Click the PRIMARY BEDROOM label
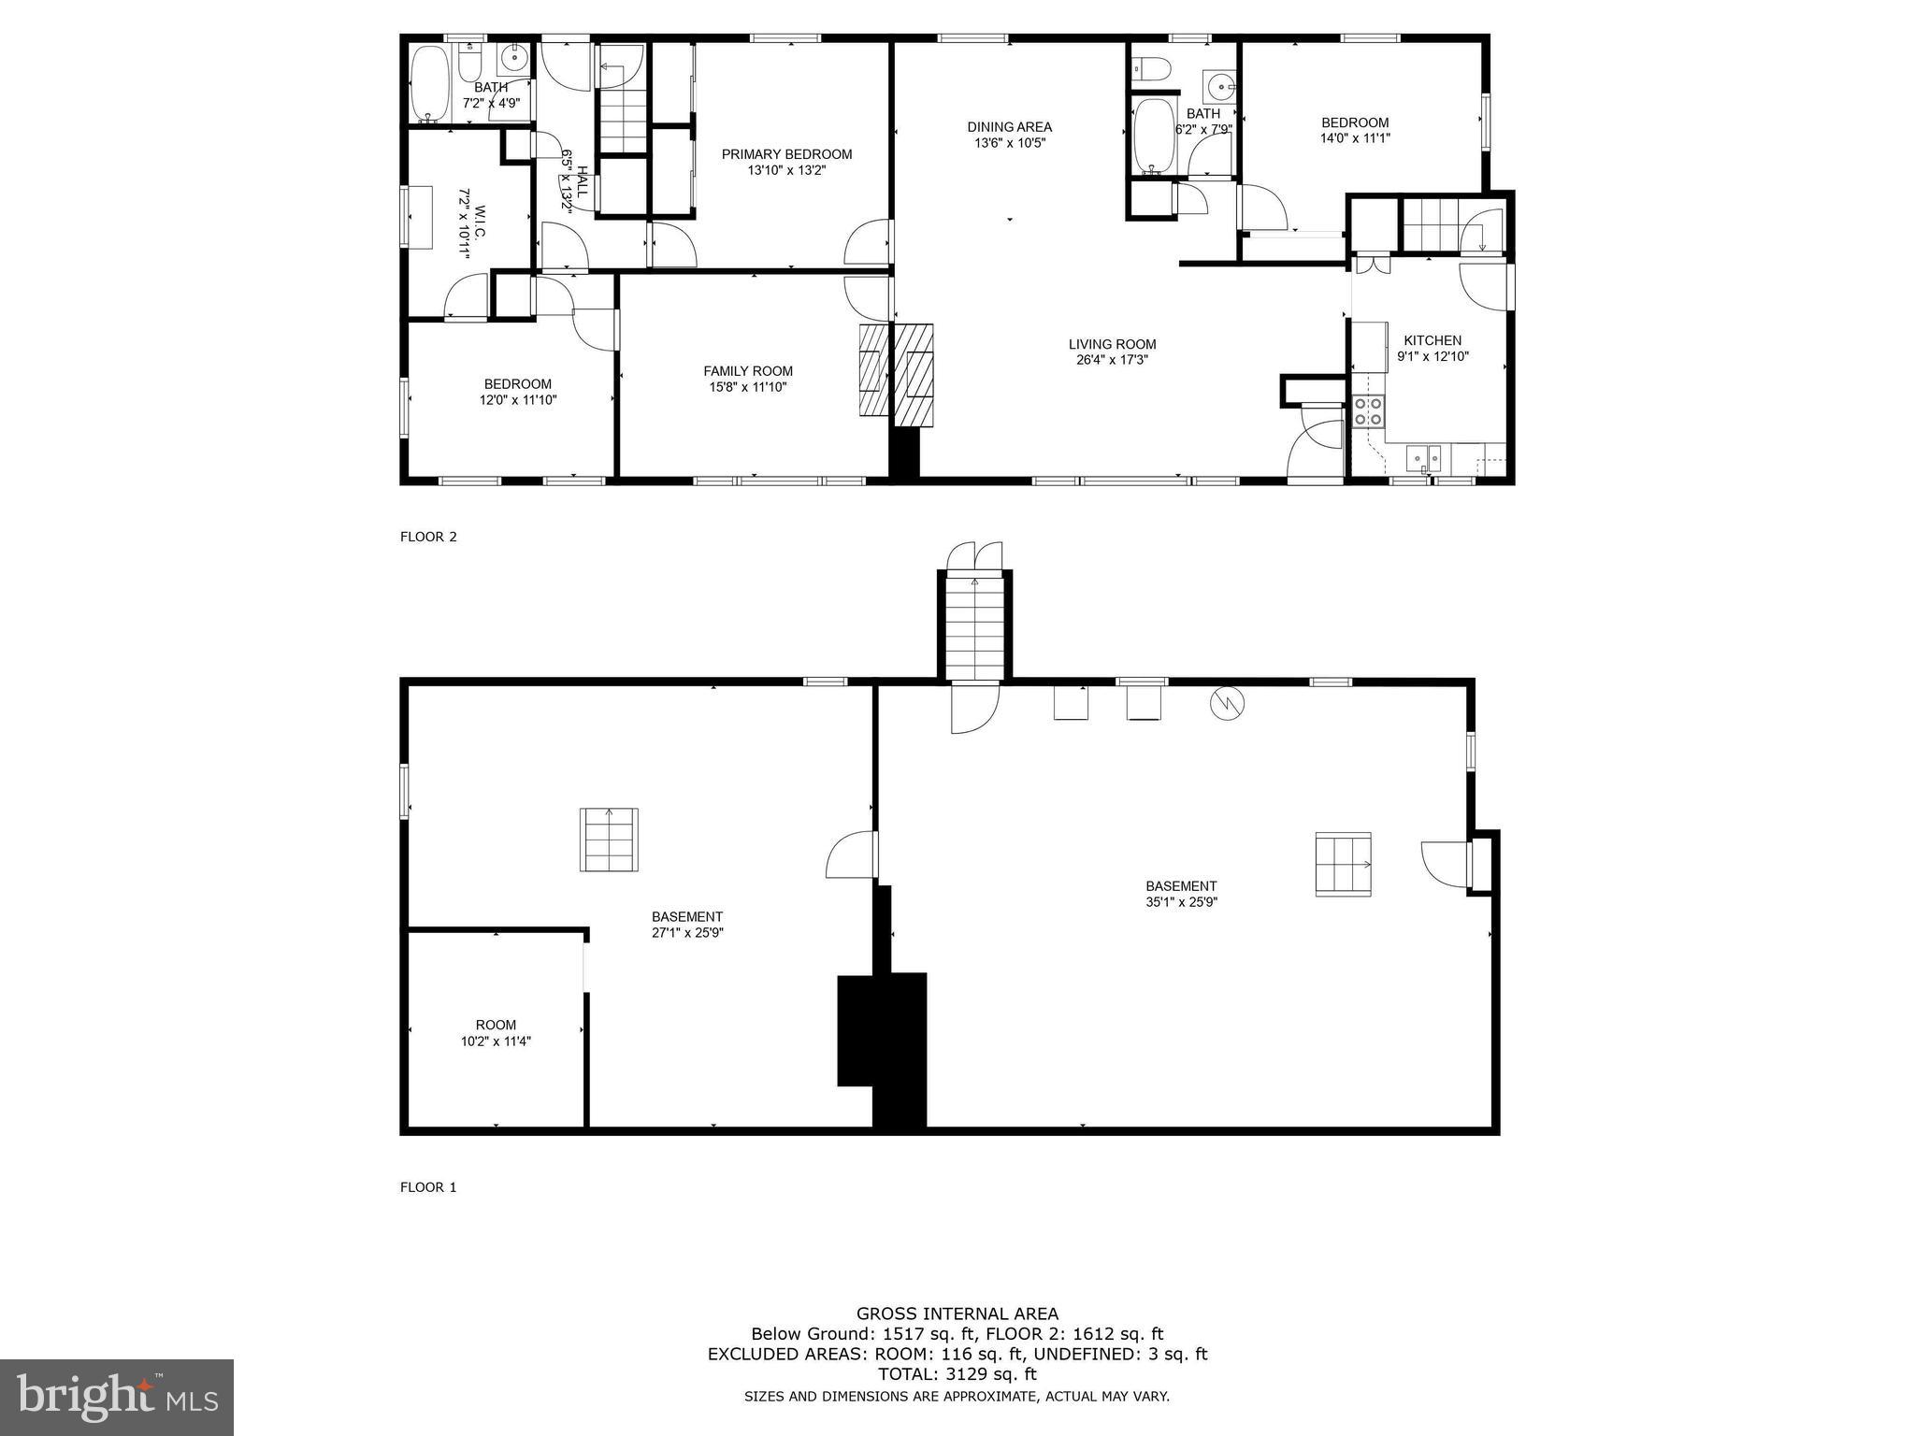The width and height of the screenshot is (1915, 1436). click(786, 154)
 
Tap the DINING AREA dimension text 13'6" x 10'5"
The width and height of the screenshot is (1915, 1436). click(1009, 143)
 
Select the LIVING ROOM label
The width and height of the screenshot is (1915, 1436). click(1112, 344)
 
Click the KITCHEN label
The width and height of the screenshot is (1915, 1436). click(1432, 340)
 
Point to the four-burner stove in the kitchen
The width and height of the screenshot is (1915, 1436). click(1369, 411)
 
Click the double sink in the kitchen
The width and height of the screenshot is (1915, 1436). click(1424, 458)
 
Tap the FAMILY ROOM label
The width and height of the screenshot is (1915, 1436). click(747, 371)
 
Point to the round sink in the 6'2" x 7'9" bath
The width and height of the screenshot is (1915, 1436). click(1219, 87)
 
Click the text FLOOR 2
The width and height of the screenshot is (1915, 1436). click(428, 537)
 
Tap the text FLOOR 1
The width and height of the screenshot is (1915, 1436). click(428, 1187)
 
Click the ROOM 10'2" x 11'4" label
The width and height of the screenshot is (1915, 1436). click(496, 1025)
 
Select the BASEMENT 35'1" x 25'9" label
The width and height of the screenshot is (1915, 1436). click(1181, 886)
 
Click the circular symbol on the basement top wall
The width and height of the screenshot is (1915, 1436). click(1227, 703)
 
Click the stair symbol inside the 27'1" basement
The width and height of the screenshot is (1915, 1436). click(609, 840)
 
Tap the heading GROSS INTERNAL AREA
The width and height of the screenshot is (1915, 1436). click(957, 1314)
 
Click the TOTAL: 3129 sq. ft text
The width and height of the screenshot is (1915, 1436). click(957, 1373)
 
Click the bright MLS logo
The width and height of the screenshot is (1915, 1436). click(117, 1398)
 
